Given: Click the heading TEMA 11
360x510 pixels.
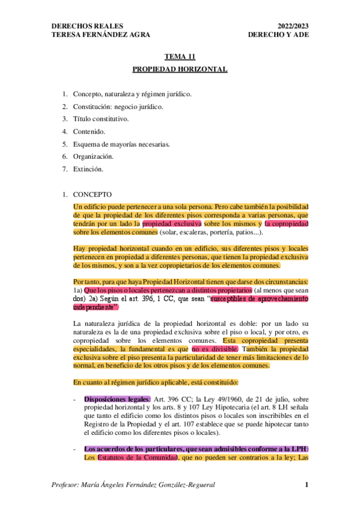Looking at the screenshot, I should pyautogui.click(x=180, y=57).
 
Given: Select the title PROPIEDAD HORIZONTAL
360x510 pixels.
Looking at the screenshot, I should pyautogui.click(x=180, y=70).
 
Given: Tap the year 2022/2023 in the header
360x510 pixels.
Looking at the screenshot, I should pyautogui.click(x=294, y=26).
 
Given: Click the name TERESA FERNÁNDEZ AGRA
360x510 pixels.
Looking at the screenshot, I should pyautogui.click(x=101, y=35).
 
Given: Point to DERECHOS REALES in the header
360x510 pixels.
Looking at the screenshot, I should pyautogui.click(x=87, y=26).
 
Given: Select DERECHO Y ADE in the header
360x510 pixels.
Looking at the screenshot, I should pyautogui.click(x=278, y=35).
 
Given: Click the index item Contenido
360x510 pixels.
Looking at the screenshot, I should pyautogui.click(x=89, y=131).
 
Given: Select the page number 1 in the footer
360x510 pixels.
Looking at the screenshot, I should pyautogui.click(x=307, y=485).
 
